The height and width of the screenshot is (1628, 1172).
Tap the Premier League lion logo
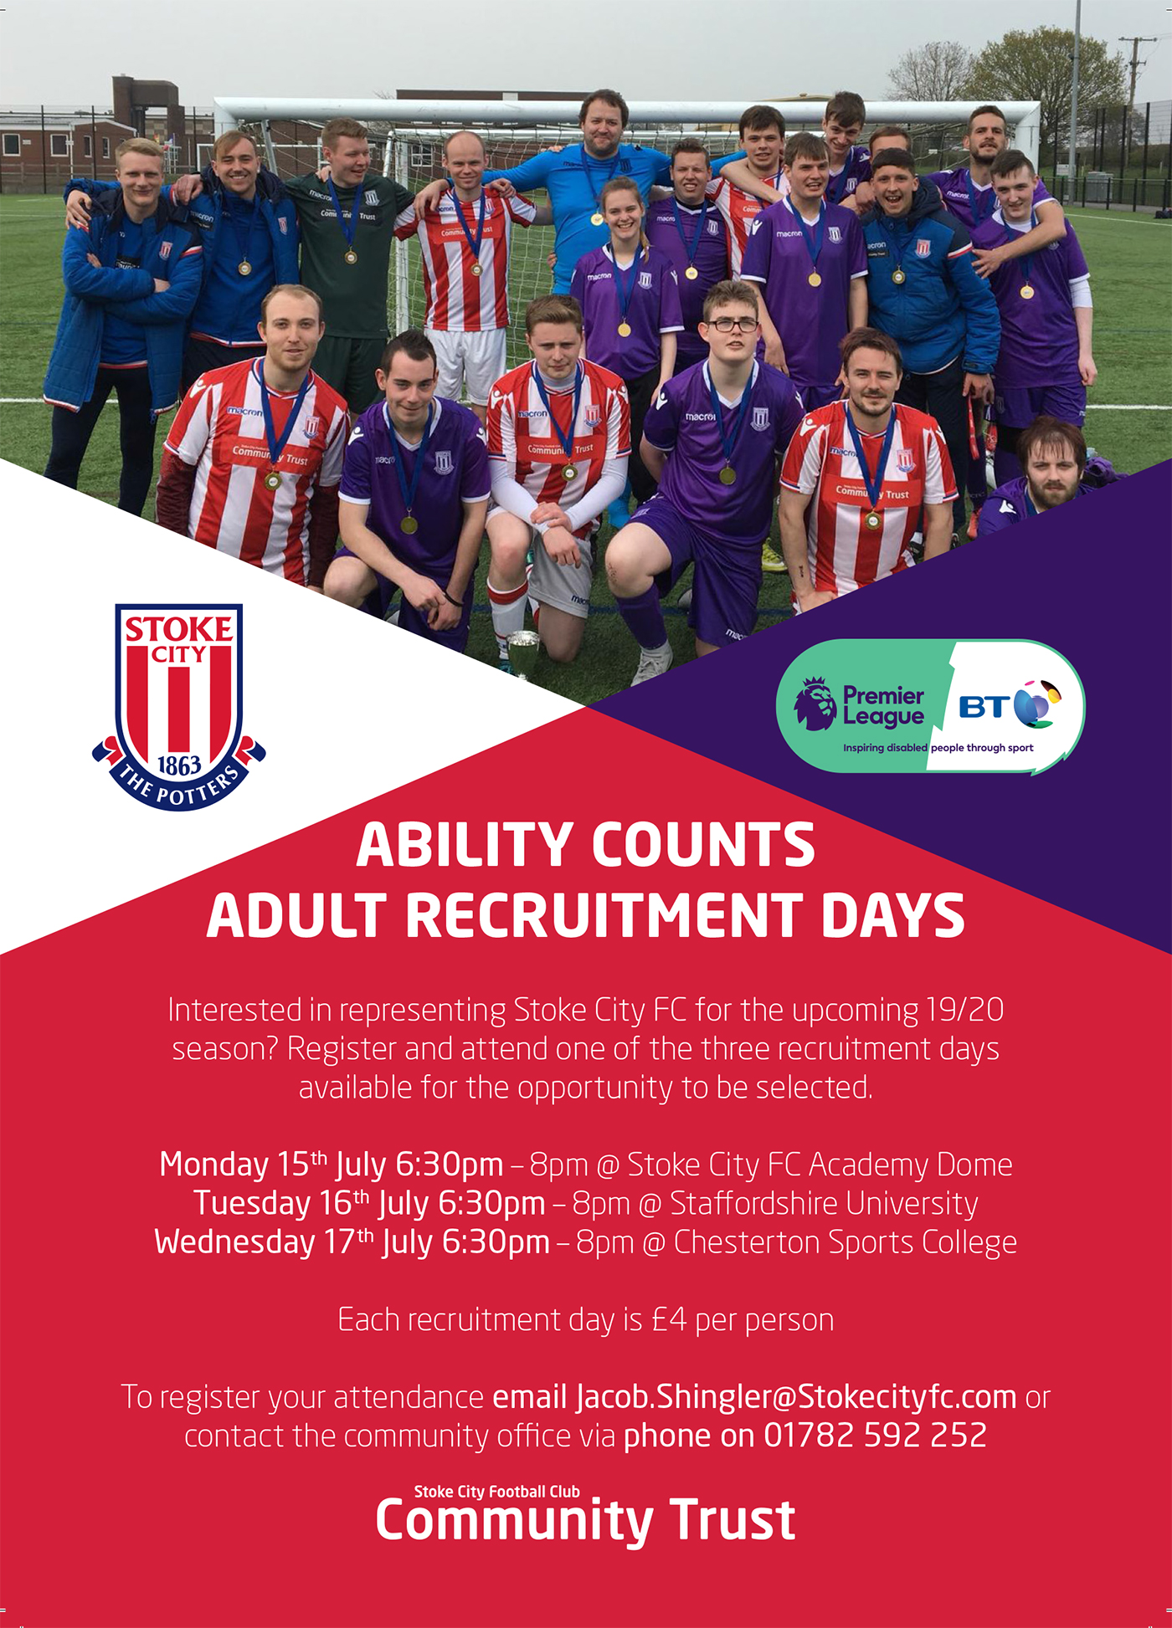[x=815, y=705]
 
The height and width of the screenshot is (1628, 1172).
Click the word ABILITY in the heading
[x=464, y=845]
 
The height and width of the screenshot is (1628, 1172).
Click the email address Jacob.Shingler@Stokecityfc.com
[x=796, y=1397]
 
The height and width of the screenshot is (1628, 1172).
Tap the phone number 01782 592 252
[x=876, y=1436]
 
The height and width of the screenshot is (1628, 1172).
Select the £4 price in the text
[x=669, y=1319]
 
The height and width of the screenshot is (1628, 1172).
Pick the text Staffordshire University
[x=824, y=1203]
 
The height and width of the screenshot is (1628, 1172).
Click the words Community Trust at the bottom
[x=585, y=1521]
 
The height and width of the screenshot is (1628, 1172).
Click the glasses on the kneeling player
[x=732, y=325]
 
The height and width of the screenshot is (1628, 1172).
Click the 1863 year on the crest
[x=179, y=765]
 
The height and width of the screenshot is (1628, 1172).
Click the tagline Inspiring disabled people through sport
[x=938, y=748]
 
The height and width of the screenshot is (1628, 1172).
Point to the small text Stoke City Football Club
[x=496, y=1492]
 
